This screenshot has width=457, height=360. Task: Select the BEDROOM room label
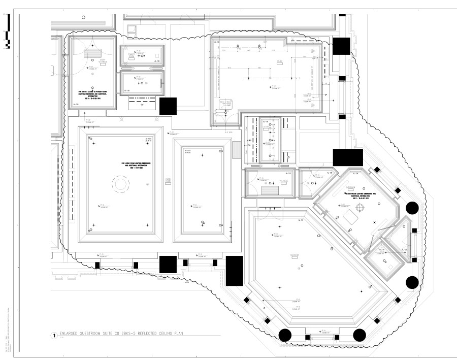294,255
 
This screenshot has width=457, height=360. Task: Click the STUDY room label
279,62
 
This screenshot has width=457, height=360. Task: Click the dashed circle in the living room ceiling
121,185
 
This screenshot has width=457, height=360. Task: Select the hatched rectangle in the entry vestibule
92,52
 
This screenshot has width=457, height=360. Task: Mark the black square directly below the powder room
168,106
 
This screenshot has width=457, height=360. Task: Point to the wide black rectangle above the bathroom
348,157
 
